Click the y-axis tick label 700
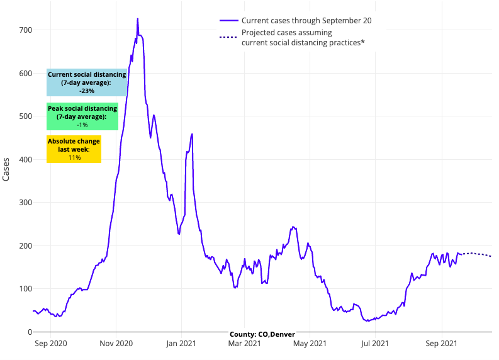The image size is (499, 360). click(x=24, y=30)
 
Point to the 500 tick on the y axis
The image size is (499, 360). click(x=24, y=116)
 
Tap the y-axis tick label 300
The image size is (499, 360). click(x=24, y=203)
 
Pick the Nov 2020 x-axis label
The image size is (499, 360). click(x=116, y=344)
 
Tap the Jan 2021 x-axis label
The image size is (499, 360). click(x=181, y=344)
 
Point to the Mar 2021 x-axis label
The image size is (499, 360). click(x=244, y=344)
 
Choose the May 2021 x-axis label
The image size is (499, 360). click(x=310, y=344)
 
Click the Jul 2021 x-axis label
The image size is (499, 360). click(x=375, y=344)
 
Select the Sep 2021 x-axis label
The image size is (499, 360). click(x=441, y=344)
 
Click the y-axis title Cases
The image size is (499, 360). click(x=6, y=169)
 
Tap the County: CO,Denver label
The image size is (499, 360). click(x=262, y=334)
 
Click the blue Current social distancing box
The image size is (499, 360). click(x=87, y=82)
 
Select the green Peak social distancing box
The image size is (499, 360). click(x=82, y=116)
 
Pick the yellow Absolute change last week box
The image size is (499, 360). click(x=74, y=149)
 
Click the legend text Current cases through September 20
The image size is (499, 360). click(x=306, y=21)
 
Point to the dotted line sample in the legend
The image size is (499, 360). click(x=228, y=37)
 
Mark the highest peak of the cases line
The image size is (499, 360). click(x=138, y=19)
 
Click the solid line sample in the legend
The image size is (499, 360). click(x=228, y=21)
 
